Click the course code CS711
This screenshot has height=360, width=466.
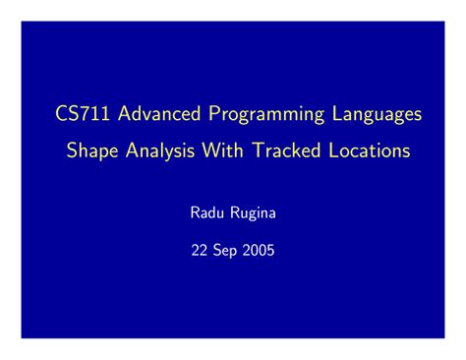[x=82, y=115]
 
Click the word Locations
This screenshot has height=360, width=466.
[x=370, y=151]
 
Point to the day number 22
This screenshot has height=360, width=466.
[x=200, y=249]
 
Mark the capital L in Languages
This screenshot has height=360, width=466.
[x=334, y=115]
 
